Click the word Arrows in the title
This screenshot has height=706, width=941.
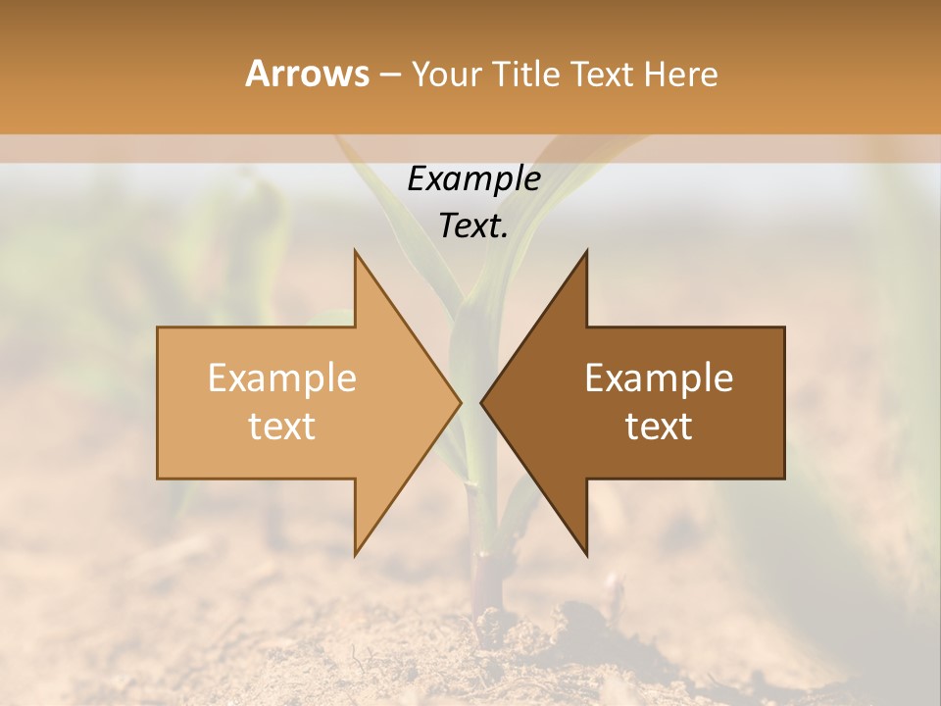307,74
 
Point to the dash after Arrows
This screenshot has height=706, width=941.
389,76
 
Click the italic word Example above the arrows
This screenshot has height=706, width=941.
474,179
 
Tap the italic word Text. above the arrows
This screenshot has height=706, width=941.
474,227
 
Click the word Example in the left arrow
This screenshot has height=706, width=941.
282,378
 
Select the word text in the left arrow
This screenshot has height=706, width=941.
282,427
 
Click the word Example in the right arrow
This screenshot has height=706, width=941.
659,378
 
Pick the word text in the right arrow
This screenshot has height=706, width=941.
659,427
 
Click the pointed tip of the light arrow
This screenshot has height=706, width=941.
461,403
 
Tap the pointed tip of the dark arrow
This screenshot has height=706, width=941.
481,403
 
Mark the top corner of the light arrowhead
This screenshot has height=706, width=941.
355,251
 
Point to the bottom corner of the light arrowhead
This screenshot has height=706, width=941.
355,555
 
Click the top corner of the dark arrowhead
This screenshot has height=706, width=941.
586,251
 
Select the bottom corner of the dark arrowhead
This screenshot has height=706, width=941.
586,555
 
